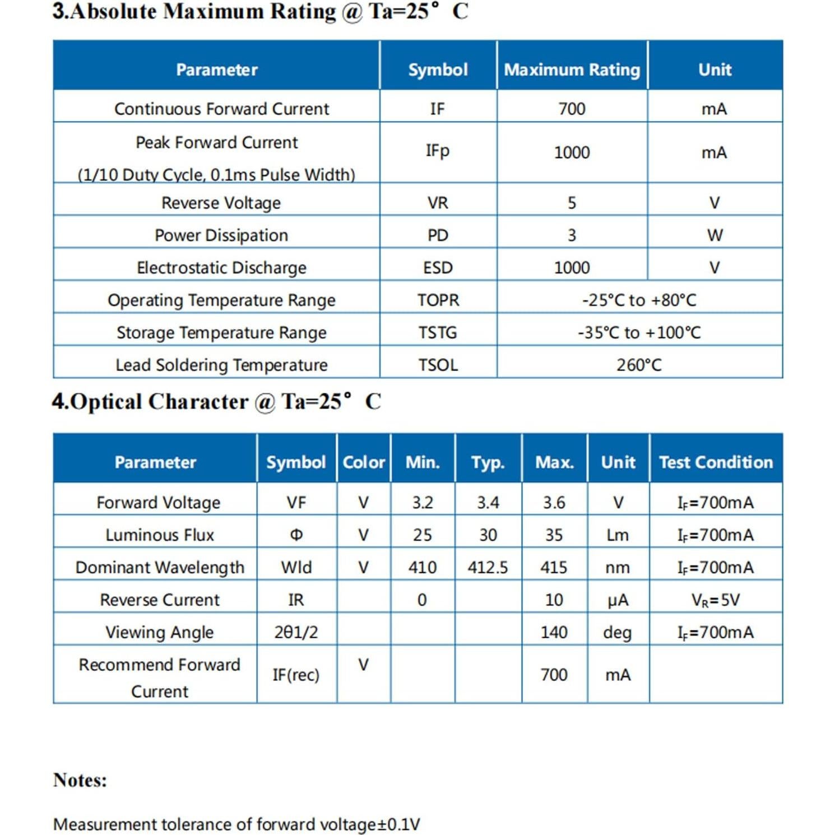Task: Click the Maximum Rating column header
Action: point(572,69)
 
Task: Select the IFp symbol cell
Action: point(438,151)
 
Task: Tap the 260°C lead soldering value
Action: point(639,365)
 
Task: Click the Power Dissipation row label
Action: point(221,235)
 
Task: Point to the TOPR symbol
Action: point(438,300)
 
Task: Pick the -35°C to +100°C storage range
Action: point(639,333)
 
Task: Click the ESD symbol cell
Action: point(438,268)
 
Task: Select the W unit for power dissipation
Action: point(715,235)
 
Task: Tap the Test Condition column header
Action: point(716,462)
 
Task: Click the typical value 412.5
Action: point(488,568)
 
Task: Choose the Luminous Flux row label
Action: point(160,535)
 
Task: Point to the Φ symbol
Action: point(296,535)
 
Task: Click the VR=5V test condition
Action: point(716,600)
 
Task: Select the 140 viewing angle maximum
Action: point(554,633)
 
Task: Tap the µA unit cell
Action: point(618,600)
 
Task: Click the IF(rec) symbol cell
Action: point(296,675)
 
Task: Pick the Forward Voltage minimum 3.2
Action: point(422,503)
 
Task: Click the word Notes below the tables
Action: point(80,780)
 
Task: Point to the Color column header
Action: point(364,462)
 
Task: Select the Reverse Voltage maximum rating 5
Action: point(572,203)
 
